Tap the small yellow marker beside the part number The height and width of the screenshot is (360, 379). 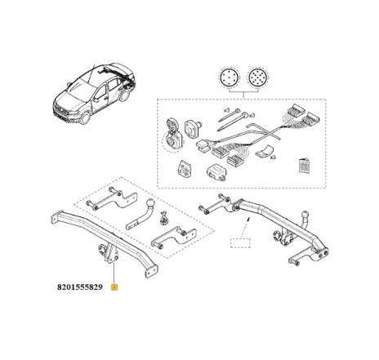(115, 287)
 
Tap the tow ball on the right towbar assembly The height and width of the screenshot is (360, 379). (307, 220)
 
